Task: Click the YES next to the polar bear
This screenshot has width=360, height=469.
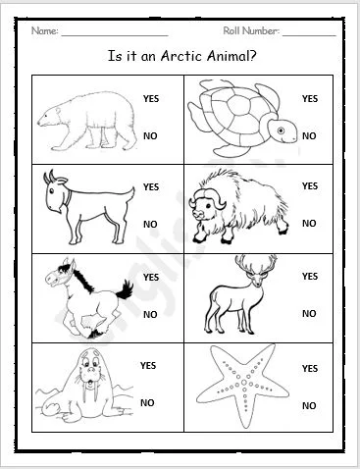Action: (150, 99)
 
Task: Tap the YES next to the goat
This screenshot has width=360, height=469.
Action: (150, 186)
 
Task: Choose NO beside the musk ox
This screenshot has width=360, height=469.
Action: (309, 224)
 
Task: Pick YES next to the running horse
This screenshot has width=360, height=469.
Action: (150, 278)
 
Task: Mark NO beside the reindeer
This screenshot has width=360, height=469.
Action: (309, 314)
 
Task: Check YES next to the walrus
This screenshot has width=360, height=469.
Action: (148, 366)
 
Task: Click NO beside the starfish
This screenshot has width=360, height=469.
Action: (309, 405)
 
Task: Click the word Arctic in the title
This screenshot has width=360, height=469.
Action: (172, 56)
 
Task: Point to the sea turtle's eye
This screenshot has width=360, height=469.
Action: (282, 129)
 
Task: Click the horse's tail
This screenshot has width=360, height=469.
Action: (125, 289)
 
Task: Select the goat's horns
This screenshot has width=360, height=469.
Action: (49, 177)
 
